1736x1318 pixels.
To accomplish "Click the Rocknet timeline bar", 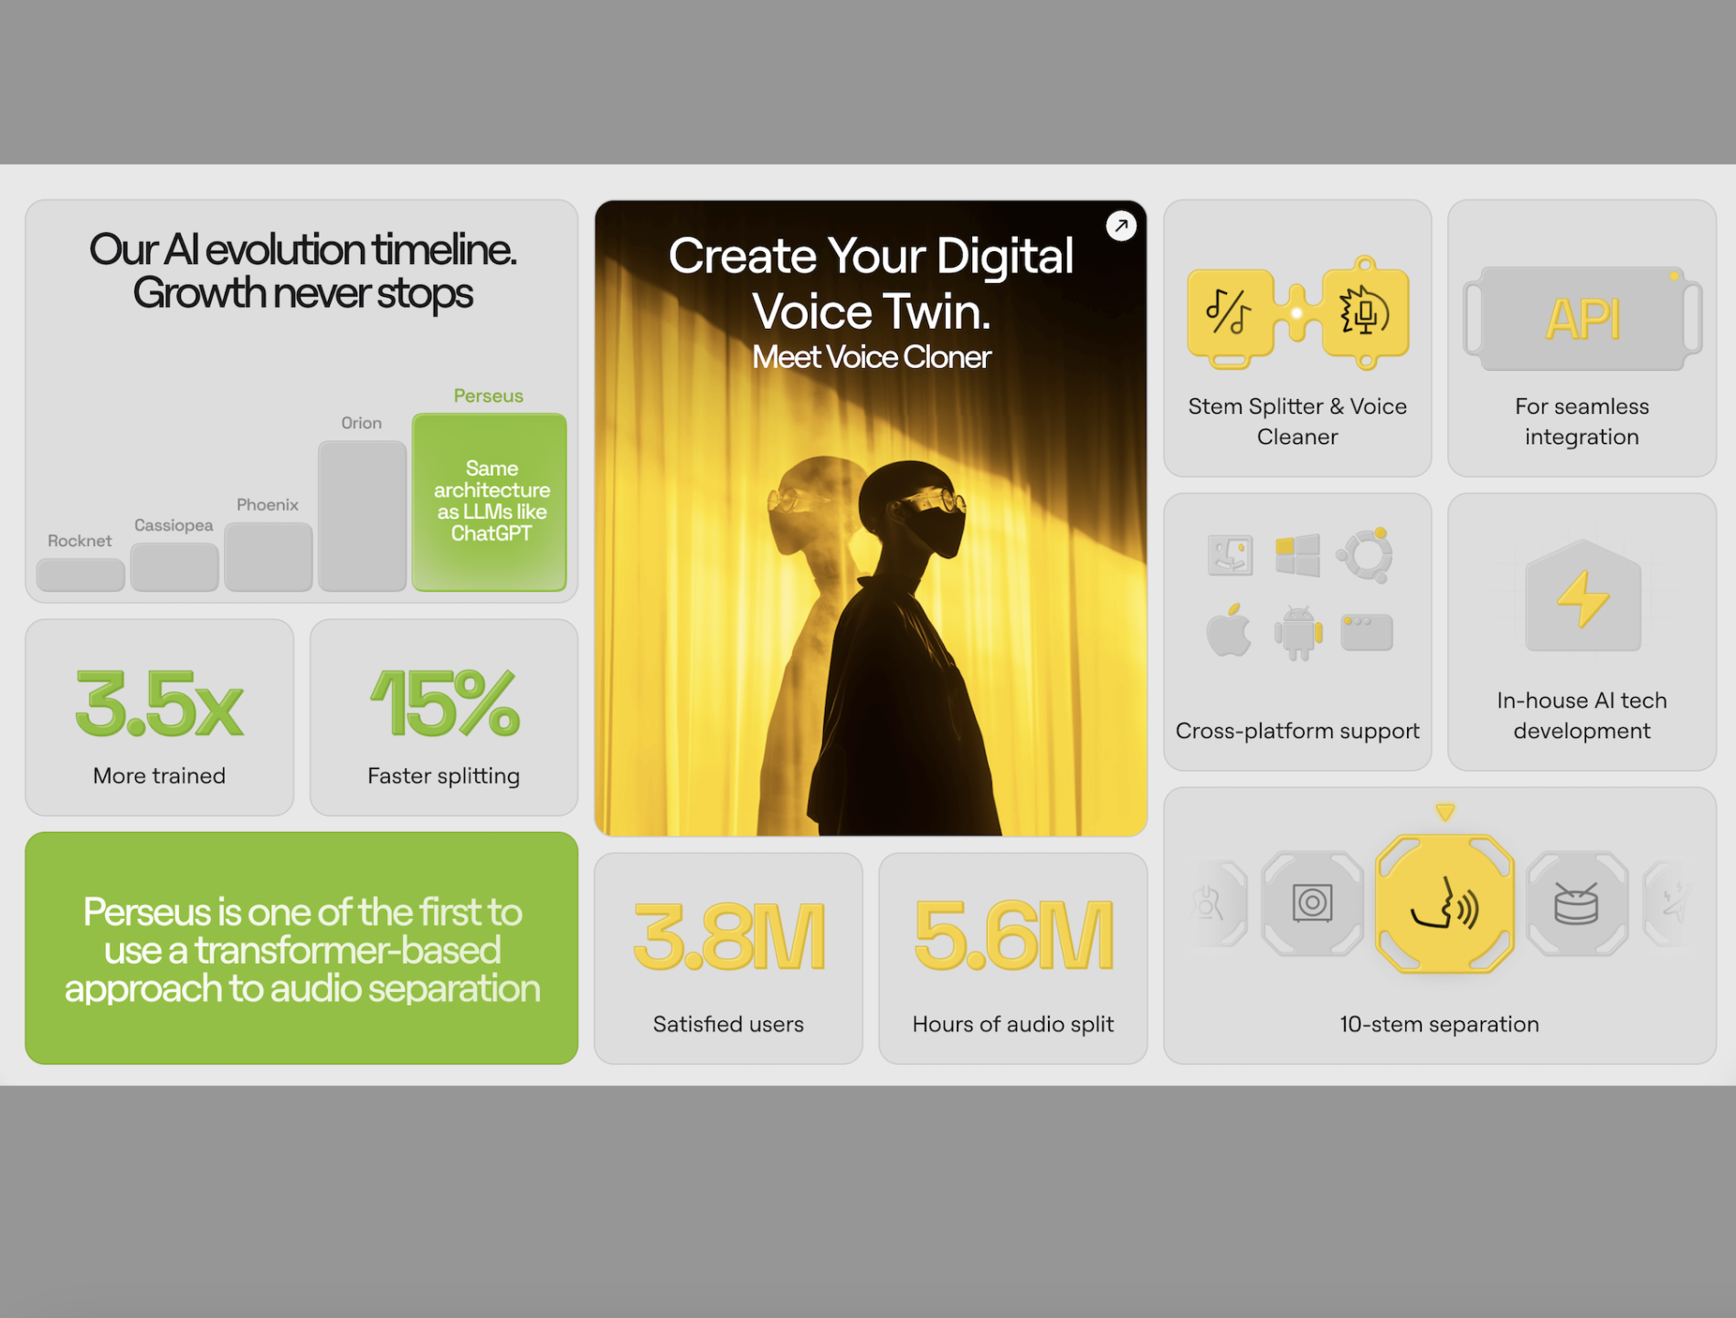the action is [80, 575].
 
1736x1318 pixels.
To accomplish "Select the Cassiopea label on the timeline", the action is [174, 525].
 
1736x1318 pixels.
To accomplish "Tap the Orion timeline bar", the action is [362, 516].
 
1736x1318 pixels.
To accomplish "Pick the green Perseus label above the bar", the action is [489, 395].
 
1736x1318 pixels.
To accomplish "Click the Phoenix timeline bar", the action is [269, 557].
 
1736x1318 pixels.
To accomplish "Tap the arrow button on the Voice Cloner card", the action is [1121, 226].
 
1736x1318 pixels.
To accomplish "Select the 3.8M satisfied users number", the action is [729, 936].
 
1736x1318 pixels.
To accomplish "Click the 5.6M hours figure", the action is [1013, 936].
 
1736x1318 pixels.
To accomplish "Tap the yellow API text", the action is [1583, 320].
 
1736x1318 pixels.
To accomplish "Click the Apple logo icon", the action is [1229, 629].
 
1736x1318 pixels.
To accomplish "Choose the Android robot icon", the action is [1298, 632].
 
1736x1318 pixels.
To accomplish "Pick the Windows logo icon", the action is [1297, 555].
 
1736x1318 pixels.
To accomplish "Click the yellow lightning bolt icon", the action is [1583, 599].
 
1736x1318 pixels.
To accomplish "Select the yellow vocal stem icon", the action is [1445, 903].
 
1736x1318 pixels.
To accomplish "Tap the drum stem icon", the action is [1577, 903].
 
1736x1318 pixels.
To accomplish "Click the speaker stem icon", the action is [1312, 903].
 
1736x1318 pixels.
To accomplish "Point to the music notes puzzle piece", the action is [1230, 313].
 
